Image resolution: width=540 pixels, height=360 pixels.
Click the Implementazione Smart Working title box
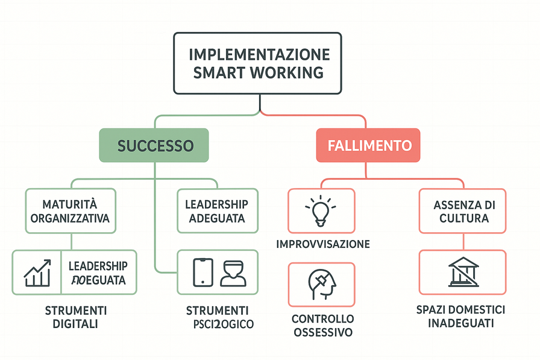click(x=259, y=63)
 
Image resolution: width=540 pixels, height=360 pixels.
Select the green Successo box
click(x=155, y=145)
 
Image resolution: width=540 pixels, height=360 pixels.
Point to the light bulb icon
click(x=321, y=211)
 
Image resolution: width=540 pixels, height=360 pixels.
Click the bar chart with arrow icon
click(x=37, y=273)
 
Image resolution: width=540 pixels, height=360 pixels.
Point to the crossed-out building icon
click(x=463, y=273)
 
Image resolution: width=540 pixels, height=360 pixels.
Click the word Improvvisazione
click(x=322, y=244)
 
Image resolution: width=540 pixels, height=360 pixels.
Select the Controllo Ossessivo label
click(x=322, y=325)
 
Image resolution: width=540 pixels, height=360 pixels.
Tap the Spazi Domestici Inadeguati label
click(x=461, y=316)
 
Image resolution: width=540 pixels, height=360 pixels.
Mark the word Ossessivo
click(x=322, y=332)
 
